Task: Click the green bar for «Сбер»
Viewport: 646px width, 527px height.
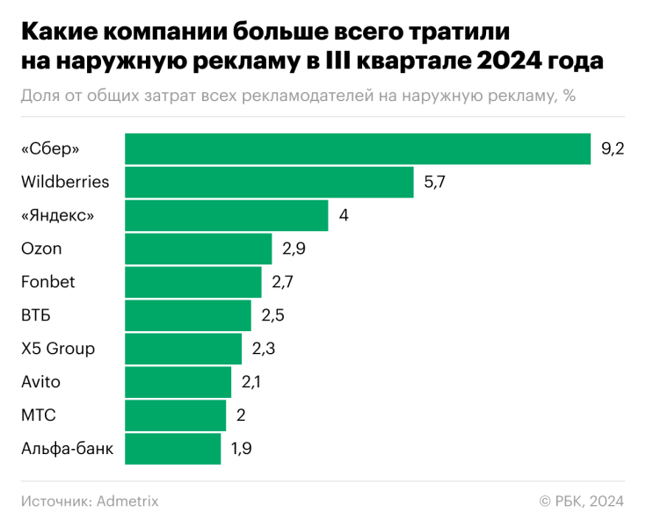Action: pos(358,148)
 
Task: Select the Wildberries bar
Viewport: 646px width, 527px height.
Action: pos(269,182)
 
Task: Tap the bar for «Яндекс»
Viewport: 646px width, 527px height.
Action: pos(226,215)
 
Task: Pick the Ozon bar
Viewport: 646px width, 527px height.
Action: pos(198,249)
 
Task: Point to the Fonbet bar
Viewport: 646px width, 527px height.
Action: pos(192,282)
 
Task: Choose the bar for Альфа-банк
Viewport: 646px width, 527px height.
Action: pos(172,449)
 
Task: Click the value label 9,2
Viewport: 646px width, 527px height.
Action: pos(612,149)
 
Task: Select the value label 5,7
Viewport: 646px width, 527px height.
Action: pos(435,183)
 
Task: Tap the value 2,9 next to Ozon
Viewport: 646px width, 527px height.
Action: pos(294,249)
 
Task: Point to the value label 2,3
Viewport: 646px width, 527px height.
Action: pos(264,350)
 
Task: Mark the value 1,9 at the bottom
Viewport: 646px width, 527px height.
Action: pos(242,450)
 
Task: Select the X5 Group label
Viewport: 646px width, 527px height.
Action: pos(57,349)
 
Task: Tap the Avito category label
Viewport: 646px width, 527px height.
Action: pos(40,382)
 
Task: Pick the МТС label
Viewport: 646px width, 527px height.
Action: pos(38,415)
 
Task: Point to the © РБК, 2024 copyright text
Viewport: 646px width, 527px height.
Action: pos(581,501)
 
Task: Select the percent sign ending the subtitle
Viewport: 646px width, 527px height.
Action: pos(570,96)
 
